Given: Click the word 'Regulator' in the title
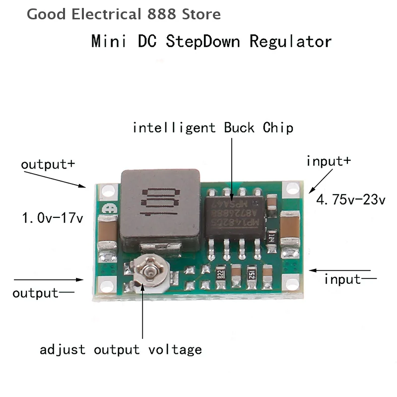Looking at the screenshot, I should (x=290, y=41).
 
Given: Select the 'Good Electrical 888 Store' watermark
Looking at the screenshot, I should (x=124, y=14).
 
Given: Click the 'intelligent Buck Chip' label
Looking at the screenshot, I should (x=213, y=128).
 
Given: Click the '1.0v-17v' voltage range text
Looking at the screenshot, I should (x=52, y=217).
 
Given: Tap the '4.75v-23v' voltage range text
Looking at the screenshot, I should (x=351, y=200).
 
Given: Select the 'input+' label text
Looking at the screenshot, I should (x=329, y=161).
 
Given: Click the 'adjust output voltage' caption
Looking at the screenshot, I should (x=121, y=349).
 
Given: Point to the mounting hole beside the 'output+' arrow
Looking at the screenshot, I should (x=105, y=192).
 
